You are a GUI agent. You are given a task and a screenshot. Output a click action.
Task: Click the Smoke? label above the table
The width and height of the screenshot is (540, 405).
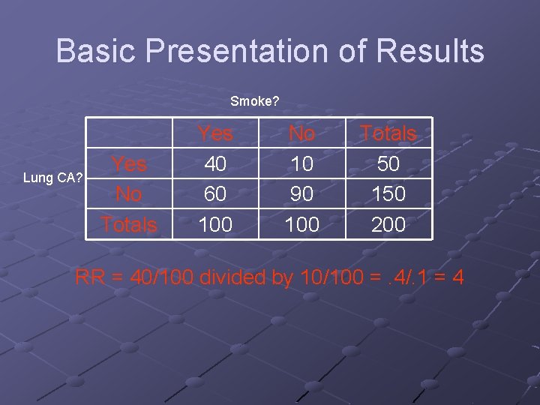tap(255, 101)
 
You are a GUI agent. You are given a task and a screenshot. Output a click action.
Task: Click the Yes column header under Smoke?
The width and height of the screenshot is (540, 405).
tap(215, 133)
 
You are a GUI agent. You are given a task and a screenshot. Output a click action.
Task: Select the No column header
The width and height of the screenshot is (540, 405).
tap(301, 133)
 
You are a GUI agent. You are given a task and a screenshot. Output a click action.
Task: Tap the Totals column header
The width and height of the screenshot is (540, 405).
tap(388, 133)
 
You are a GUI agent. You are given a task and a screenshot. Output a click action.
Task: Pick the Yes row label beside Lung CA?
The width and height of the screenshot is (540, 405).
tap(129, 163)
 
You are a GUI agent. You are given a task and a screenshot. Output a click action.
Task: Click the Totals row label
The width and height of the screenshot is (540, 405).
tap(129, 224)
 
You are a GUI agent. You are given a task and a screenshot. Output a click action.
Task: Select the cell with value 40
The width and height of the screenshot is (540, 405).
tap(215, 163)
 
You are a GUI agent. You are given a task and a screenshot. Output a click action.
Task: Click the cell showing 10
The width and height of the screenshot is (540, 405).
tap(301, 163)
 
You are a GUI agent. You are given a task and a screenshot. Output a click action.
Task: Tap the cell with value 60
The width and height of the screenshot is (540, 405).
tap(215, 194)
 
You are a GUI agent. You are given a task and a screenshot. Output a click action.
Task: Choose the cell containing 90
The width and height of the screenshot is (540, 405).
tap(301, 194)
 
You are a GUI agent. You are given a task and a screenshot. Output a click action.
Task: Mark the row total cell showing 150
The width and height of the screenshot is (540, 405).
tap(388, 194)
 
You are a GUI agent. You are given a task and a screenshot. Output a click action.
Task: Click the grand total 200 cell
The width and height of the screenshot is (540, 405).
tap(388, 224)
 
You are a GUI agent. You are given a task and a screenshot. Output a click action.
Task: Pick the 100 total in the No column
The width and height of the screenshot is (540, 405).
tap(301, 224)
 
